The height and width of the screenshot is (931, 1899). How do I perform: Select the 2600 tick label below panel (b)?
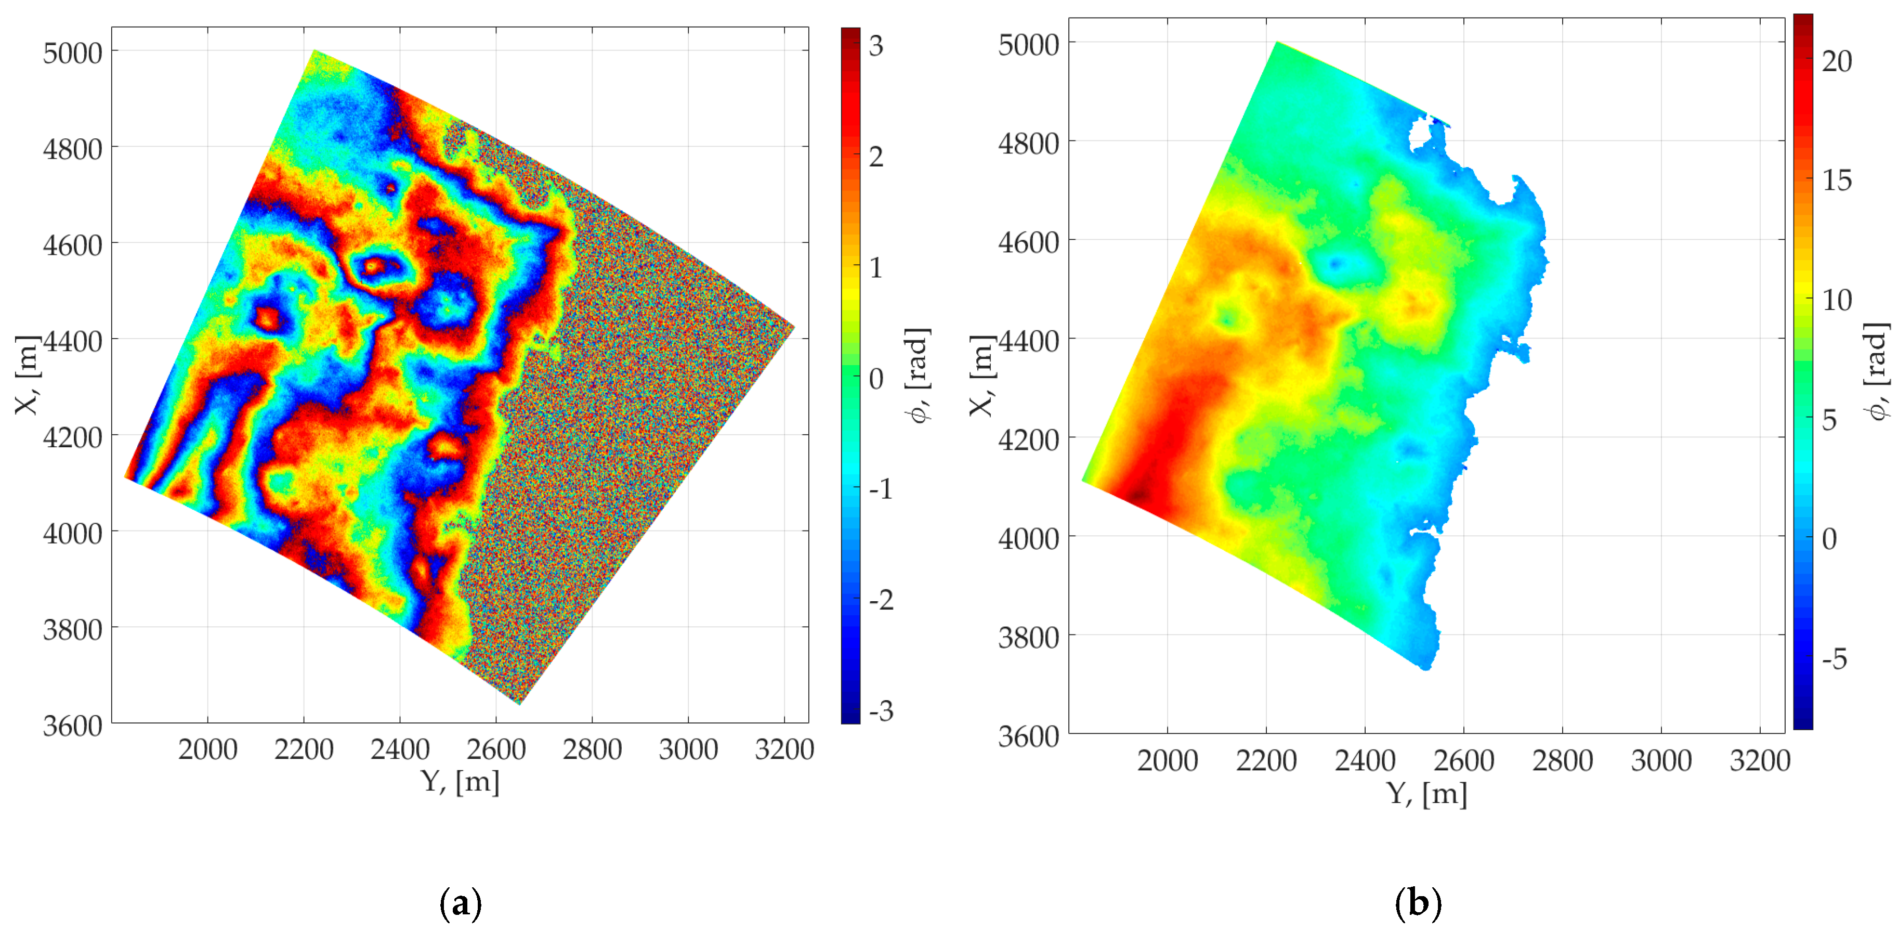(1463, 760)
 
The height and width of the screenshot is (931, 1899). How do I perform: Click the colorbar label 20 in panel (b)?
(1836, 61)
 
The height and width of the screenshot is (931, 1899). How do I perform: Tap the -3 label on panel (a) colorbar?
(880, 710)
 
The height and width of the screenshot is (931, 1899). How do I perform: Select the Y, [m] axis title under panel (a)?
(460, 781)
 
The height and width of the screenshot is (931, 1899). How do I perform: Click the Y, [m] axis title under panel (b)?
(1426, 794)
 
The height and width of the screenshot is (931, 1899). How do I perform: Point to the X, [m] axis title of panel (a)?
(27, 375)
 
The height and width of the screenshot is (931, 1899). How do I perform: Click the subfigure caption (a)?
(460, 902)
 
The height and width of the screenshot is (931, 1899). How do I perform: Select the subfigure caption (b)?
(1418, 902)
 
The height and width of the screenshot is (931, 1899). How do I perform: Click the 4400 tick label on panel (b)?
(1028, 341)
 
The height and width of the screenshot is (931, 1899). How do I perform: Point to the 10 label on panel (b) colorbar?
(1836, 300)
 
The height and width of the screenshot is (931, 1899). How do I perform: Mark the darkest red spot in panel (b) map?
(1140, 495)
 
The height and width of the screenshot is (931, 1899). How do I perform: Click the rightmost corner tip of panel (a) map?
(794, 326)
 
